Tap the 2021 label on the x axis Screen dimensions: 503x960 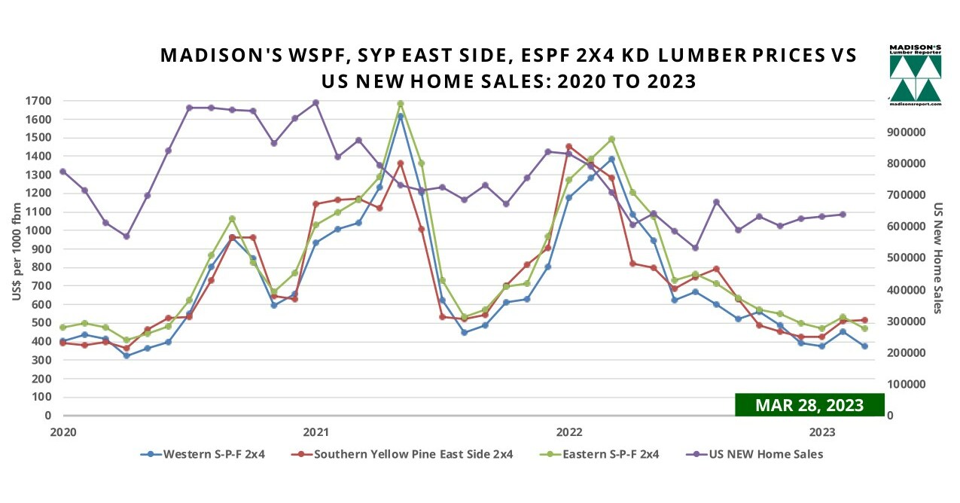(315, 432)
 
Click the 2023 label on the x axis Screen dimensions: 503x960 (821, 432)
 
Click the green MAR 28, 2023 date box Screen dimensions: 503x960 (809, 404)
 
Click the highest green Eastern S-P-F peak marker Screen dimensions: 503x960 (401, 104)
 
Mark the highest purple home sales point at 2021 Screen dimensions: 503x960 (315, 103)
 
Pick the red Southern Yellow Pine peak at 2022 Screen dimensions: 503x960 (568, 147)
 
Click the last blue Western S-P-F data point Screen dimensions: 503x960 (864, 346)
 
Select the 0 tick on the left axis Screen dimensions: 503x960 (47, 416)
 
